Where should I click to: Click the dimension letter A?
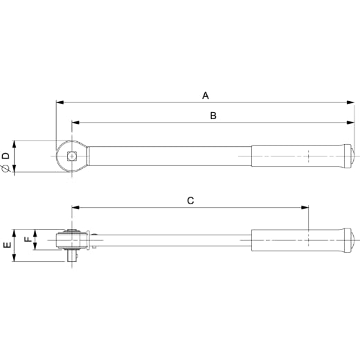coord(206,96)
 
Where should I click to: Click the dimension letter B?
coord(213,116)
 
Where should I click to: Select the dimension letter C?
coord(190,201)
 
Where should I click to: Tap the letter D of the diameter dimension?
coord(6,156)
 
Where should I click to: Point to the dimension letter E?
coord(8,244)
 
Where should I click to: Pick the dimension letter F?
coord(28,239)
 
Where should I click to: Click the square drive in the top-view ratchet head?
coord(72,156)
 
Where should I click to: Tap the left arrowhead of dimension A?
coord(60,102)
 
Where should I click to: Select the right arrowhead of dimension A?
coord(350,102)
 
